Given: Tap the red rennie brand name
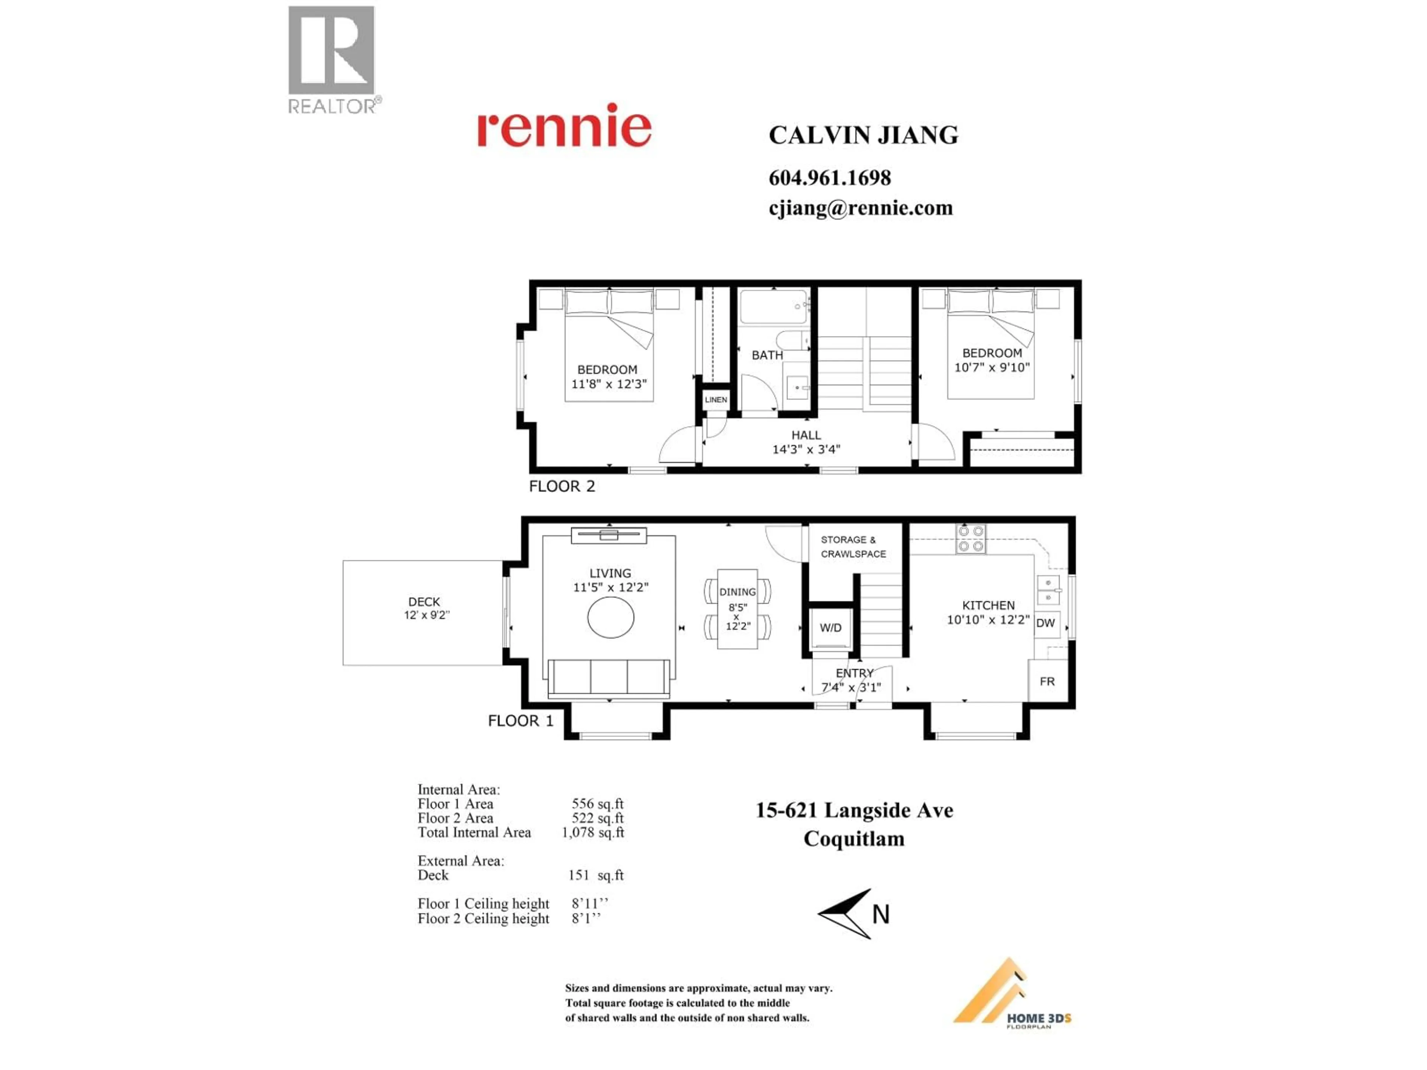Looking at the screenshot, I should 564,126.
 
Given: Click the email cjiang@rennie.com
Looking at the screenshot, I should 861,208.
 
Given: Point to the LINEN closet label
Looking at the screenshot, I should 715,400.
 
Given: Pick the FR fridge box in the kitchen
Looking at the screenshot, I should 1047,681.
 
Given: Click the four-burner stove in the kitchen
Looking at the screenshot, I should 971,539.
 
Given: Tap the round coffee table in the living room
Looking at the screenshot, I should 610,617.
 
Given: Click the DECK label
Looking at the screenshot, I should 424,602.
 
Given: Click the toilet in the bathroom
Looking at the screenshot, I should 791,341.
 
